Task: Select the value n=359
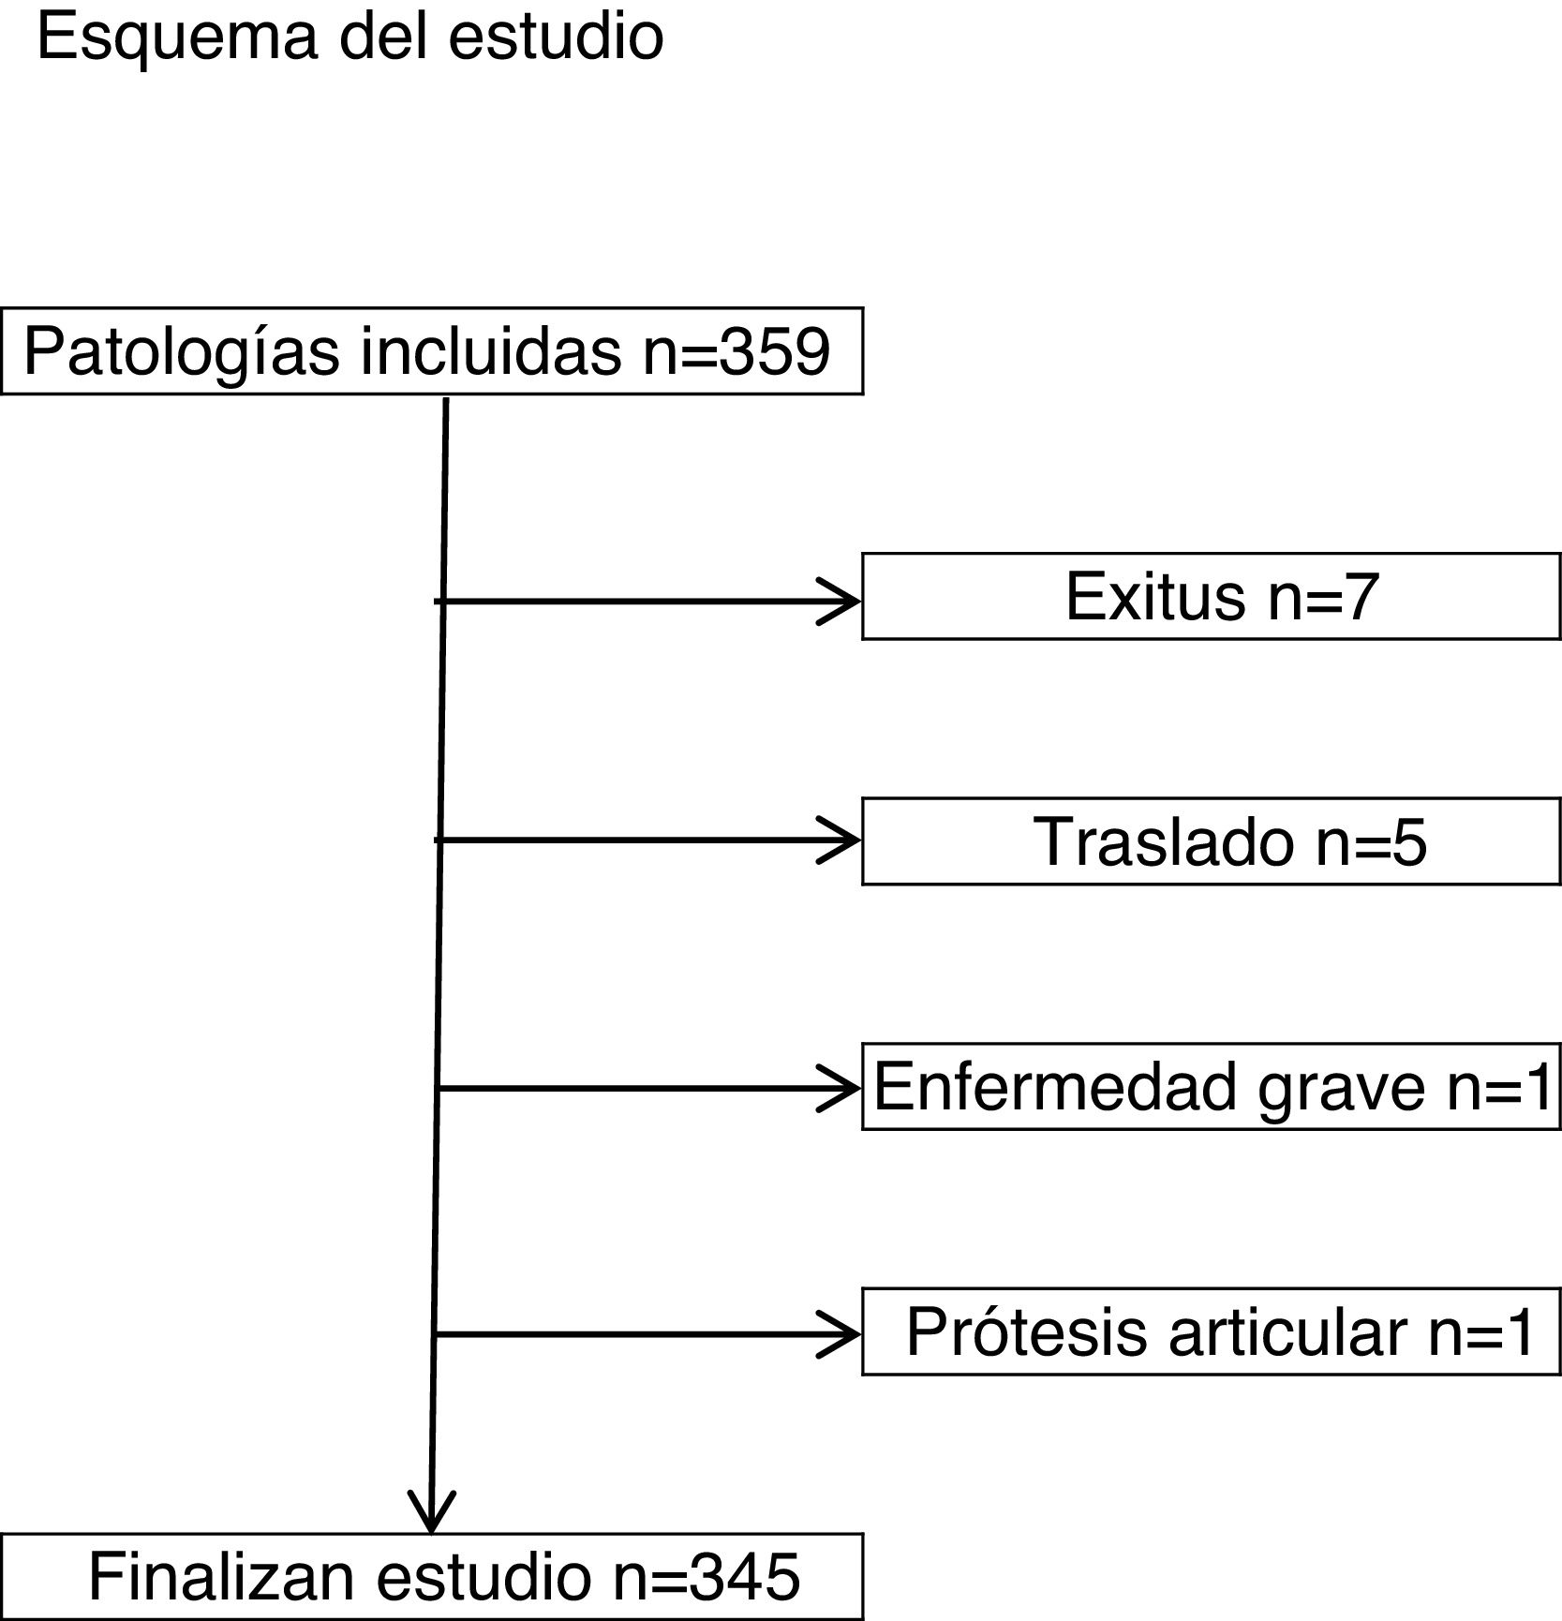[736, 352]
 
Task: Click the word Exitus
[1154, 596]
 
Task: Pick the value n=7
[1323, 596]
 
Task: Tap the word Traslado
[1164, 841]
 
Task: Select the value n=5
[1372, 841]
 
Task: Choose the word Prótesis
[1026, 1331]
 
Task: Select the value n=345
[707, 1577]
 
